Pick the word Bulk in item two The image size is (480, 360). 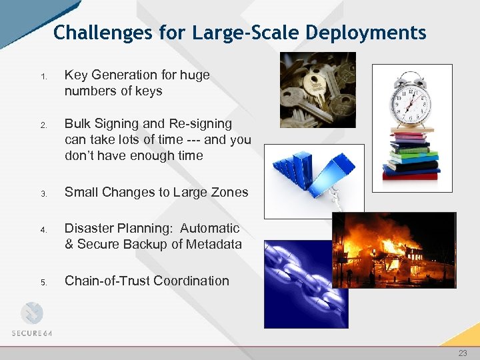pos(78,124)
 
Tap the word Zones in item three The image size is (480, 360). pos(229,193)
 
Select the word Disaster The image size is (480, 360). pos(90,229)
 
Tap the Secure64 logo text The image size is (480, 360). pos(32,333)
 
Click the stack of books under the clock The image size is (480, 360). pos(411,153)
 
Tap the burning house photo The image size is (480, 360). pos(394,250)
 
